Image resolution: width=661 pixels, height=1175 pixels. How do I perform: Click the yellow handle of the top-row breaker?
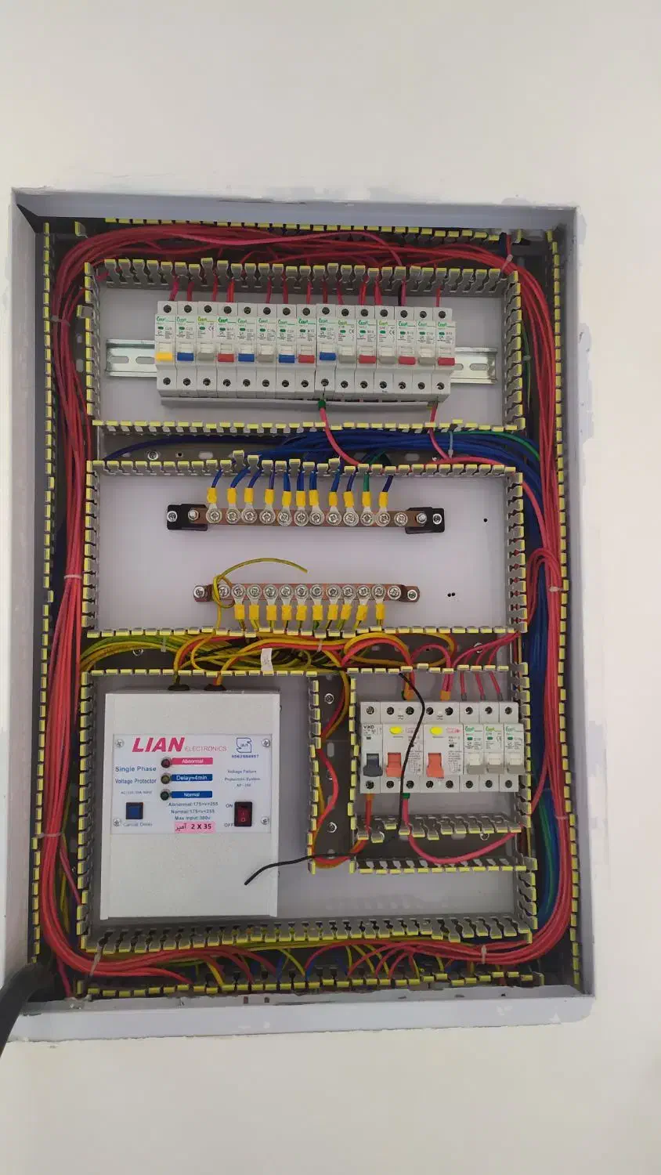[x=164, y=356]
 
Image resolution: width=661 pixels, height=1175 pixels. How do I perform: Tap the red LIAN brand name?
[x=158, y=745]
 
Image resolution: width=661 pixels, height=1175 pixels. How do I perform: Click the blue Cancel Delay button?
[x=132, y=811]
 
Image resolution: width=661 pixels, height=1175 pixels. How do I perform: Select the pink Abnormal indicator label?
[x=192, y=761]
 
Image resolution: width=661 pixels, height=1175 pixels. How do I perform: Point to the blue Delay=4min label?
[x=193, y=778]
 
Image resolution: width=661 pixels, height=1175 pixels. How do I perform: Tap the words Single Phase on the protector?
[x=135, y=769]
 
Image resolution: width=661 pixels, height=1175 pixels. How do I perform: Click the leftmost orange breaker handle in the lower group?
[x=394, y=762]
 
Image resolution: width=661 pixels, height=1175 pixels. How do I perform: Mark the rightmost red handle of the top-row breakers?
[x=445, y=360]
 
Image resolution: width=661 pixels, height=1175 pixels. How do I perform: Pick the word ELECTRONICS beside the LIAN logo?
[x=206, y=749]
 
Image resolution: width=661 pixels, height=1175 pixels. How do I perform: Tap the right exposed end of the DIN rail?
[x=479, y=363]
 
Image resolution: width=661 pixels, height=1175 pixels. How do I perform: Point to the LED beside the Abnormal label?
[x=165, y=762]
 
